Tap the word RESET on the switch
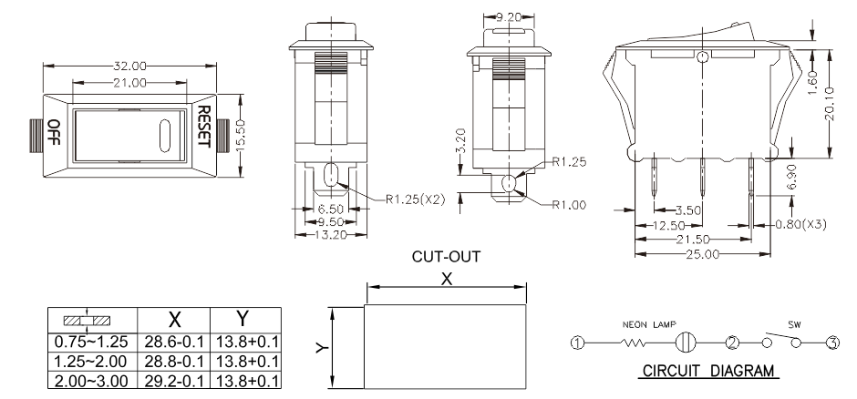205,129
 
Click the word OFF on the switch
54,133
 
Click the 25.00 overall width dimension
701,252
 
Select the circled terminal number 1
576,343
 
